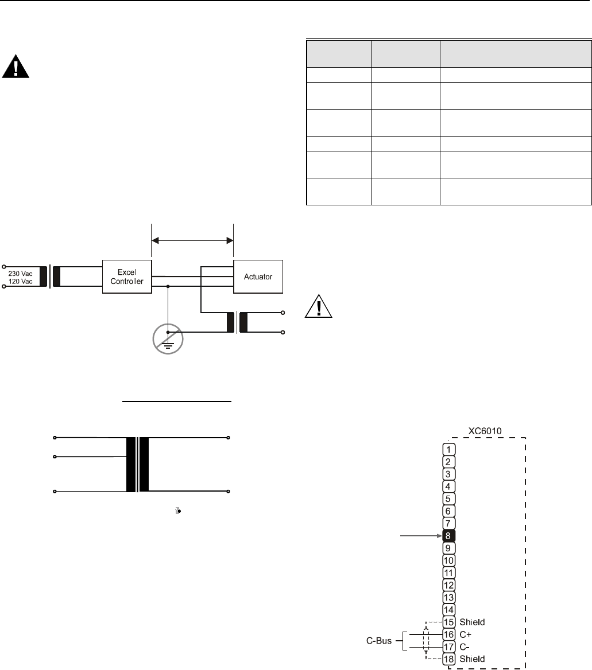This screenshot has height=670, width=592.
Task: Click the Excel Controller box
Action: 127,277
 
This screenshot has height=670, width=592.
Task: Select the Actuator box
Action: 257,276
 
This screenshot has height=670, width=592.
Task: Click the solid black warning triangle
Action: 16,67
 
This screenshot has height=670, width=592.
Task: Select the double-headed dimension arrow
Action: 192,241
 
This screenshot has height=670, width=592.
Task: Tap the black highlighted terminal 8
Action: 450,535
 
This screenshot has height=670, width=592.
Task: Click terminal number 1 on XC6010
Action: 450,449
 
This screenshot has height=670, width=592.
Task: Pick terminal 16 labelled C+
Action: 450,634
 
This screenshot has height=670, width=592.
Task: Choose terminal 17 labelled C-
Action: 450,646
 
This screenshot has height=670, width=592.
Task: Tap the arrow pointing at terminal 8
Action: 419,535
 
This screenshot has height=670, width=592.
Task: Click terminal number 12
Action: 450,585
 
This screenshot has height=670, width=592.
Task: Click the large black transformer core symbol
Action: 138,465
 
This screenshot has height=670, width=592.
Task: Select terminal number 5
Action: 450,498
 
